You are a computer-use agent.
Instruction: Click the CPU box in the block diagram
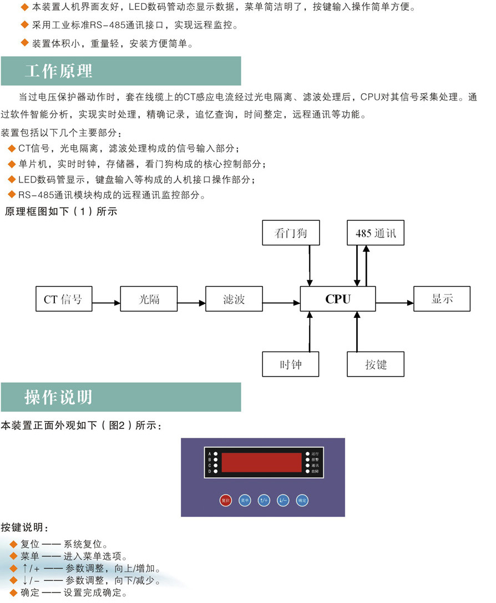(338, 299)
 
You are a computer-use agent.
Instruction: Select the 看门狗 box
(291, 234)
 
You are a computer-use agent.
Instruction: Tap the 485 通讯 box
(376, 234)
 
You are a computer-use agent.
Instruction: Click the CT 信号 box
(63, 300)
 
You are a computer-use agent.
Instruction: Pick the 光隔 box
(148, 300)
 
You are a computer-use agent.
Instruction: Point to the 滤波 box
(234, 300)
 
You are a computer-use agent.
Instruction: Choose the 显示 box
(442, 299)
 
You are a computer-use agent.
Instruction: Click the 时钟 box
(291, 364)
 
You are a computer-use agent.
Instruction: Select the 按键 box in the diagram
(376, 364)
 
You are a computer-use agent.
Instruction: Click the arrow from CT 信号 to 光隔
(106, 303)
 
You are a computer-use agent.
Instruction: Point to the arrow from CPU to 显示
(394, 303)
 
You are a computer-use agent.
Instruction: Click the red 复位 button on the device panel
(225, 500)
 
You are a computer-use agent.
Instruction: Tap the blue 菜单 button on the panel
(244, 500)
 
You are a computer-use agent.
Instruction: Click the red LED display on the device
(262, 462)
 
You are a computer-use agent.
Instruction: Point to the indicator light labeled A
(216, 454)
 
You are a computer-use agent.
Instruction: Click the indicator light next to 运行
(308, 454)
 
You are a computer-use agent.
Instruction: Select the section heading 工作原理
(58, 71)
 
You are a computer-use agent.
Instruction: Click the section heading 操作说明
(58, 397)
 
